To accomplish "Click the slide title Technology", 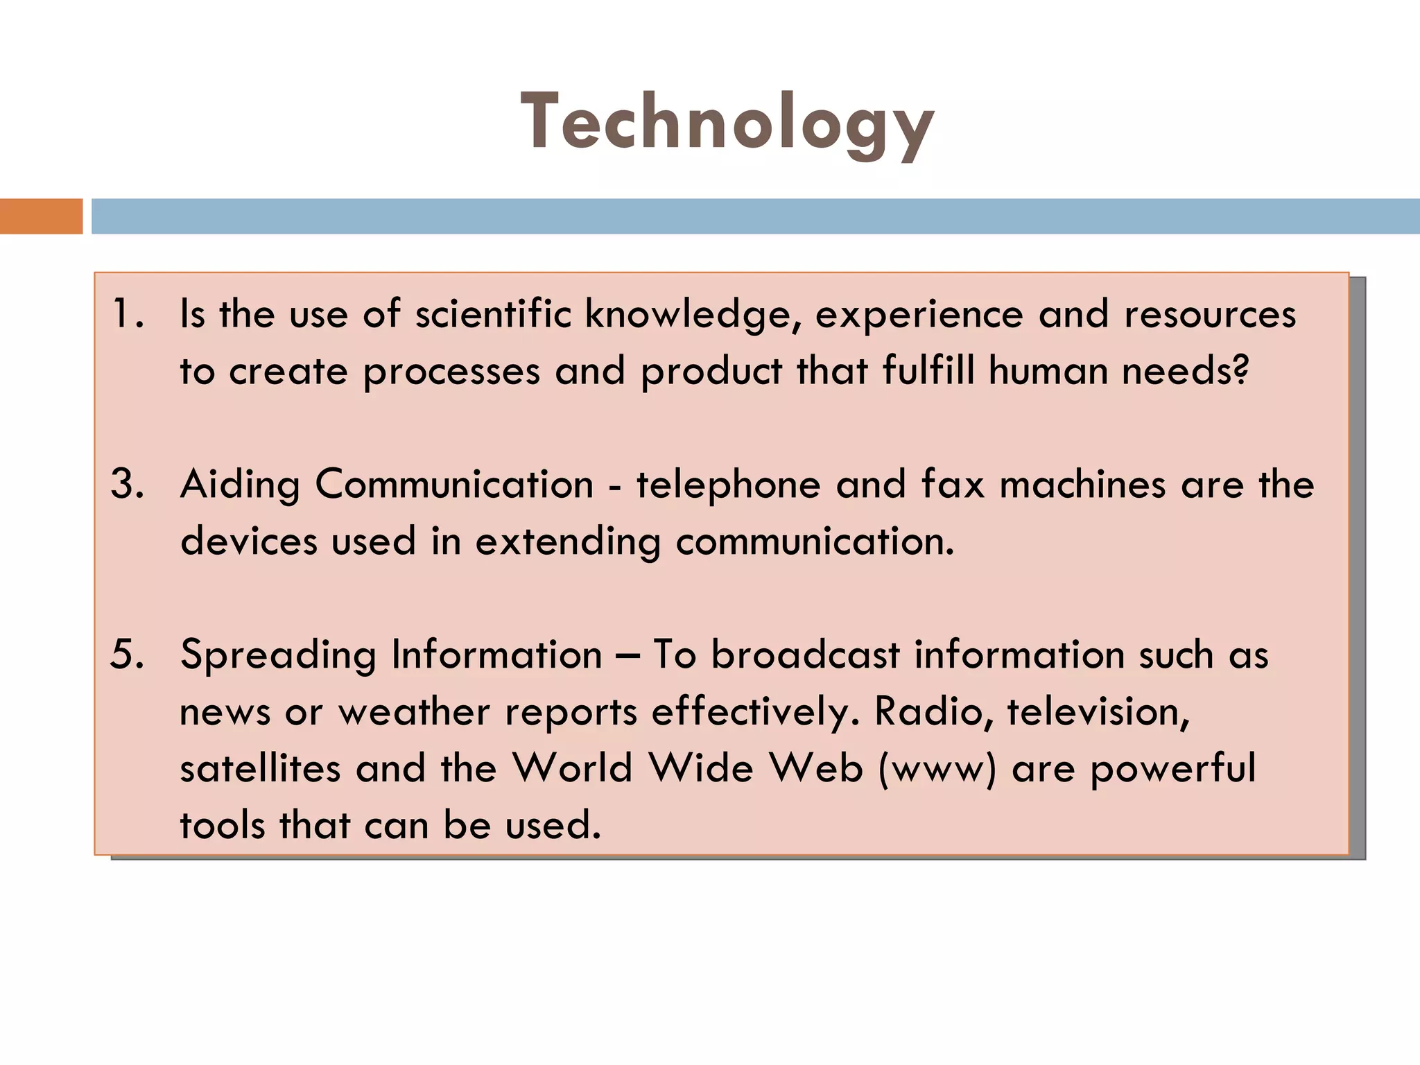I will pos(727,123).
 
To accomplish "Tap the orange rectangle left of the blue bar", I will pos(41,216).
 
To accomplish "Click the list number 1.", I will pos(128,313).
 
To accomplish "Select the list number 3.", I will pos(128,484).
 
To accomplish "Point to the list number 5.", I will pos(128,655).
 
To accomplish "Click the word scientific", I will pos(493,313).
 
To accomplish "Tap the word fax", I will pos(953,484).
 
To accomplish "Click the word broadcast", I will pos(806,655).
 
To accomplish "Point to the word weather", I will pos(414,711).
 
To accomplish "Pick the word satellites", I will pos(260,768).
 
